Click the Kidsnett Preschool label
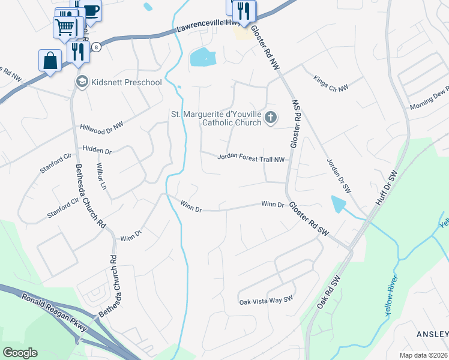pyautogui.click(x=126, y=82)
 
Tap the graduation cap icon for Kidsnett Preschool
pyautogui.click(x=82, y=82)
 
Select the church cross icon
pyautogui.click(x=270, y=118)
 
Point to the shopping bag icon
pyautogui.click(x=50, y=61)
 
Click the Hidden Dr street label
pyautogui.click(x=98, y=148)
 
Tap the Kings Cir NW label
pyautogui.click(x=331, y=83)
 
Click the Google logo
pyautogui.click(x=20, y=353)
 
